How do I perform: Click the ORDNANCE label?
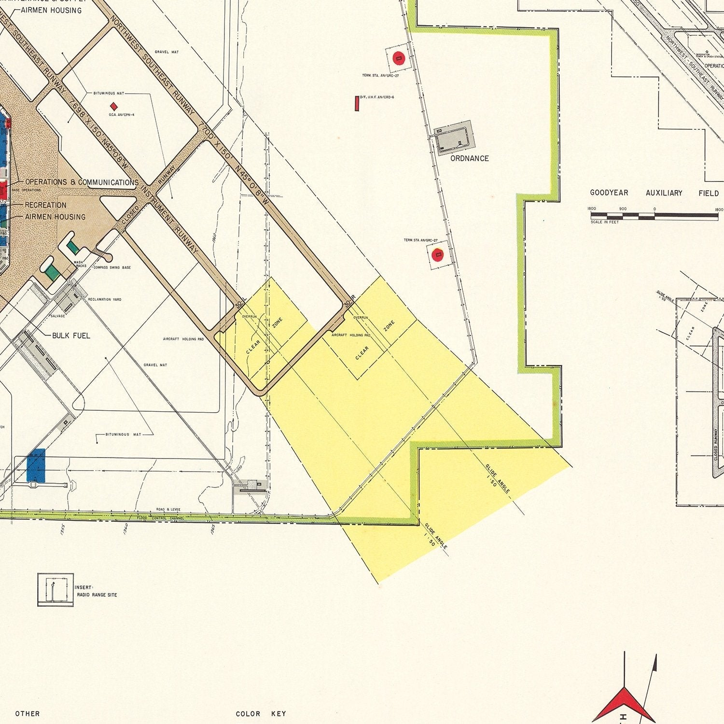(x=469, y=158)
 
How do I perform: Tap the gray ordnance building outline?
(x=453, y=138)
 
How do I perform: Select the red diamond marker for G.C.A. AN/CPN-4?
(x=114, y=106)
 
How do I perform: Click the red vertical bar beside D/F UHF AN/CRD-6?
(x=357, y=103)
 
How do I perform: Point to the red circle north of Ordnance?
(x=398, y=58)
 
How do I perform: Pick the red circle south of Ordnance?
(x=438, y=254)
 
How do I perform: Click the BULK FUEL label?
(x=71, y=335)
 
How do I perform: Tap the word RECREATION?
(x=45, y=205)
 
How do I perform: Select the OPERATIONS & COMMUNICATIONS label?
(x=82, y=182)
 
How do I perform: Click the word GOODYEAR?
(x=609, y=193)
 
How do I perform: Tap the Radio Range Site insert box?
(x=56, y=589)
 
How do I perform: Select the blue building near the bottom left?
(x=36, y=465)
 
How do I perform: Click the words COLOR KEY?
(x=261, y=714)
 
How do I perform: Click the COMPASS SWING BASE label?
(x=112, y=267)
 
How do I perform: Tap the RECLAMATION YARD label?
(x=105, y=299)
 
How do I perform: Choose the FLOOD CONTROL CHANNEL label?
(x=161, y=518)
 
